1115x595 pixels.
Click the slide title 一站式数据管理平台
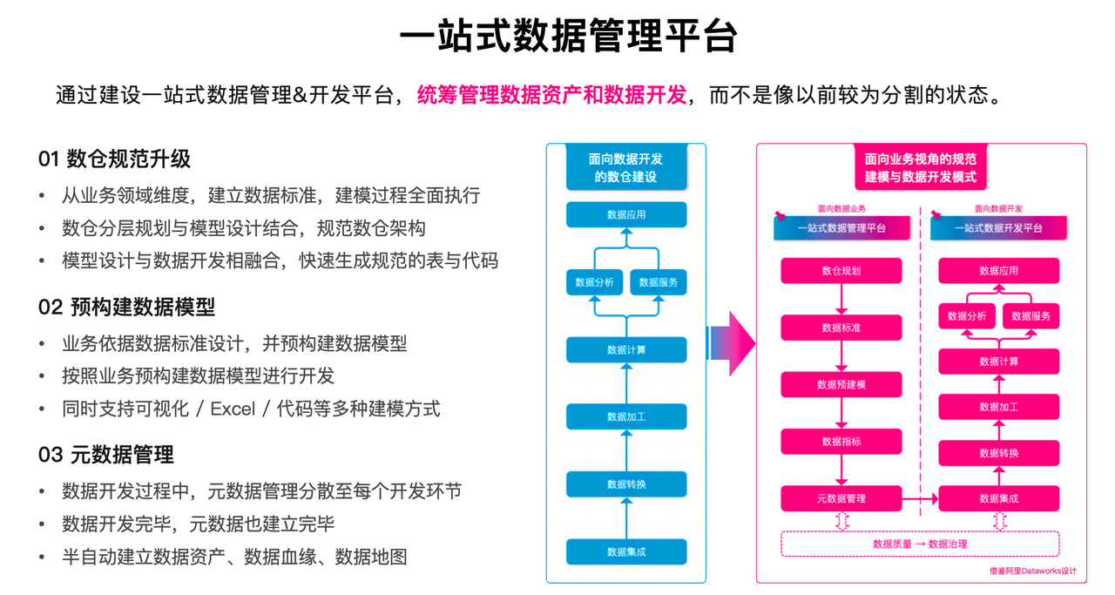point(568,37)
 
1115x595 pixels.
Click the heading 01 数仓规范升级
point(114,159)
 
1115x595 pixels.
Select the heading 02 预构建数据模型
point(126,307)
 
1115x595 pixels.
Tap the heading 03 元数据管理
point(105,455)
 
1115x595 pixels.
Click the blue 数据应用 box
point(626,214)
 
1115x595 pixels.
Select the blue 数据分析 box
point(594,282)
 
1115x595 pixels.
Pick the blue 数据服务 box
point(658,282)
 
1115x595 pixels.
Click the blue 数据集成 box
point(626,551)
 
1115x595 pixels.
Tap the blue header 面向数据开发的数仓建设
point(626,167)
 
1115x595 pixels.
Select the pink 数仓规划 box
point(841,271)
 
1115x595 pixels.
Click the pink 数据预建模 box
point(841,384)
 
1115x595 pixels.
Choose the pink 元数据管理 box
point(841,498)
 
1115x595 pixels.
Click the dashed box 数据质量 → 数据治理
point(920,544)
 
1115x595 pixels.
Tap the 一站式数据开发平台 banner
point(998,228)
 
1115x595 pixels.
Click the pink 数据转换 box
point(998,452)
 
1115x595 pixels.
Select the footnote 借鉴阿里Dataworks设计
point(1033,571)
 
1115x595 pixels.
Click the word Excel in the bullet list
point(235,409)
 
